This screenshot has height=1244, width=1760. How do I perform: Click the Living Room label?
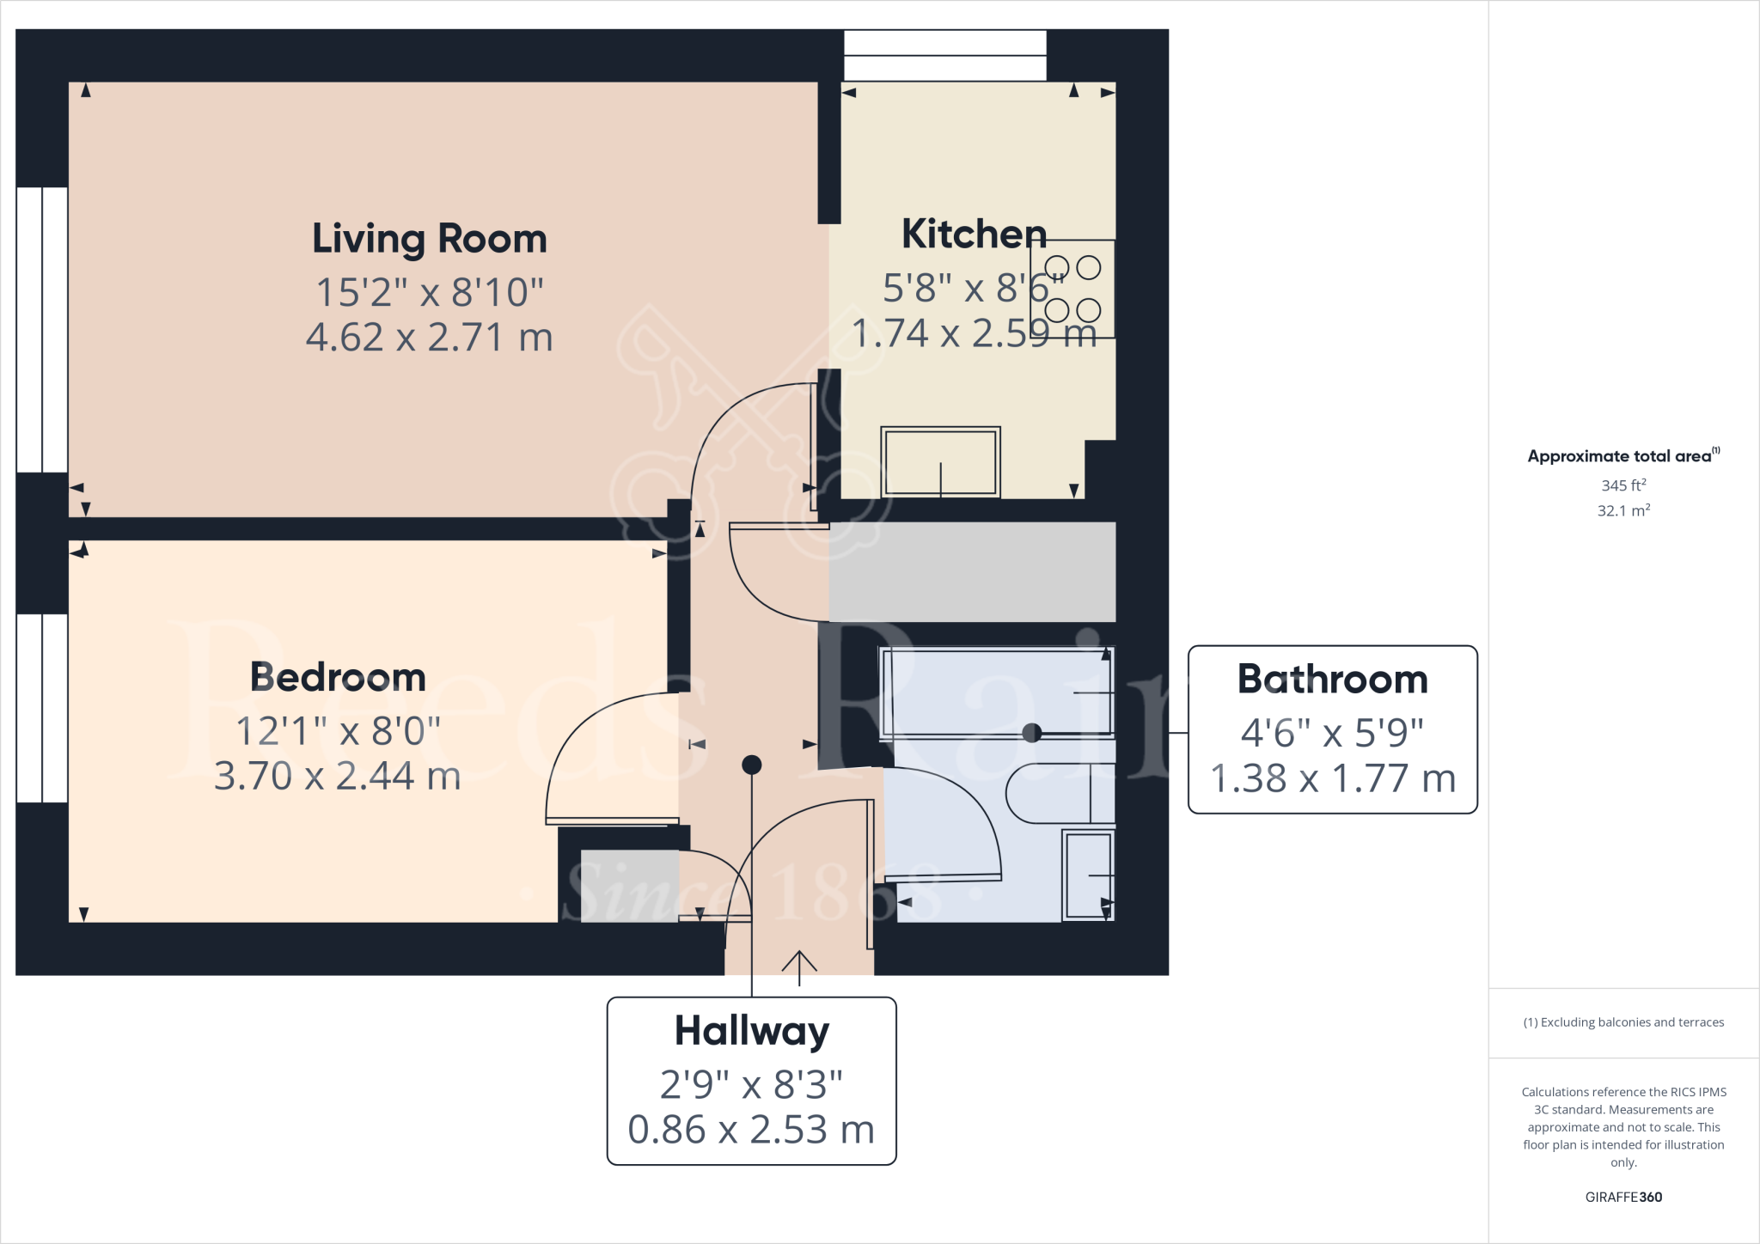(429, 239)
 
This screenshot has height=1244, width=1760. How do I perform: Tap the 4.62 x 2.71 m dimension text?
(429, 337)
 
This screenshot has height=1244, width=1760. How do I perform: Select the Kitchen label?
(974, 234)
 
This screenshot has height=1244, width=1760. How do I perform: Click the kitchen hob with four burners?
(1072, 289)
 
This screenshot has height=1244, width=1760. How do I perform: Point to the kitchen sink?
(940, 462)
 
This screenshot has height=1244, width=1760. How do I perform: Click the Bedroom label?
(338, 677)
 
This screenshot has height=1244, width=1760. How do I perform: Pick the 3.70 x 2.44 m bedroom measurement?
(338, 776)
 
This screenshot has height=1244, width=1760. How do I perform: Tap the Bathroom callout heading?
(1332, 679)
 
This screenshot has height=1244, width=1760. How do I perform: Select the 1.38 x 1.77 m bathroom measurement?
(1332, 778)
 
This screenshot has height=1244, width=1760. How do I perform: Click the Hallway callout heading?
(751, 1030)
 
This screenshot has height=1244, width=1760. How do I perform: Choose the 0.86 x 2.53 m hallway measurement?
(751, 1129)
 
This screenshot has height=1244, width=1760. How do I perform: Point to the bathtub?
(997, 692)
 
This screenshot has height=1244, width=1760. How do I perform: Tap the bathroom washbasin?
(1088, 875)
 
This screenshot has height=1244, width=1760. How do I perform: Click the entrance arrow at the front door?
(799, 966)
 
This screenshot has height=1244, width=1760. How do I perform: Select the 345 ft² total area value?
(1622, 485)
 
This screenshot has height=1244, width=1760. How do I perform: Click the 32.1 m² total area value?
(1622, 510)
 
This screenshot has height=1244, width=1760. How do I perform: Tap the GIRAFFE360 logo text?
(1622, 1197)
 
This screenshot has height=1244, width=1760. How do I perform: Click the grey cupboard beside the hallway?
(971, 571)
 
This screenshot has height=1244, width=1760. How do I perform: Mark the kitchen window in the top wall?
(944, 55)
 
